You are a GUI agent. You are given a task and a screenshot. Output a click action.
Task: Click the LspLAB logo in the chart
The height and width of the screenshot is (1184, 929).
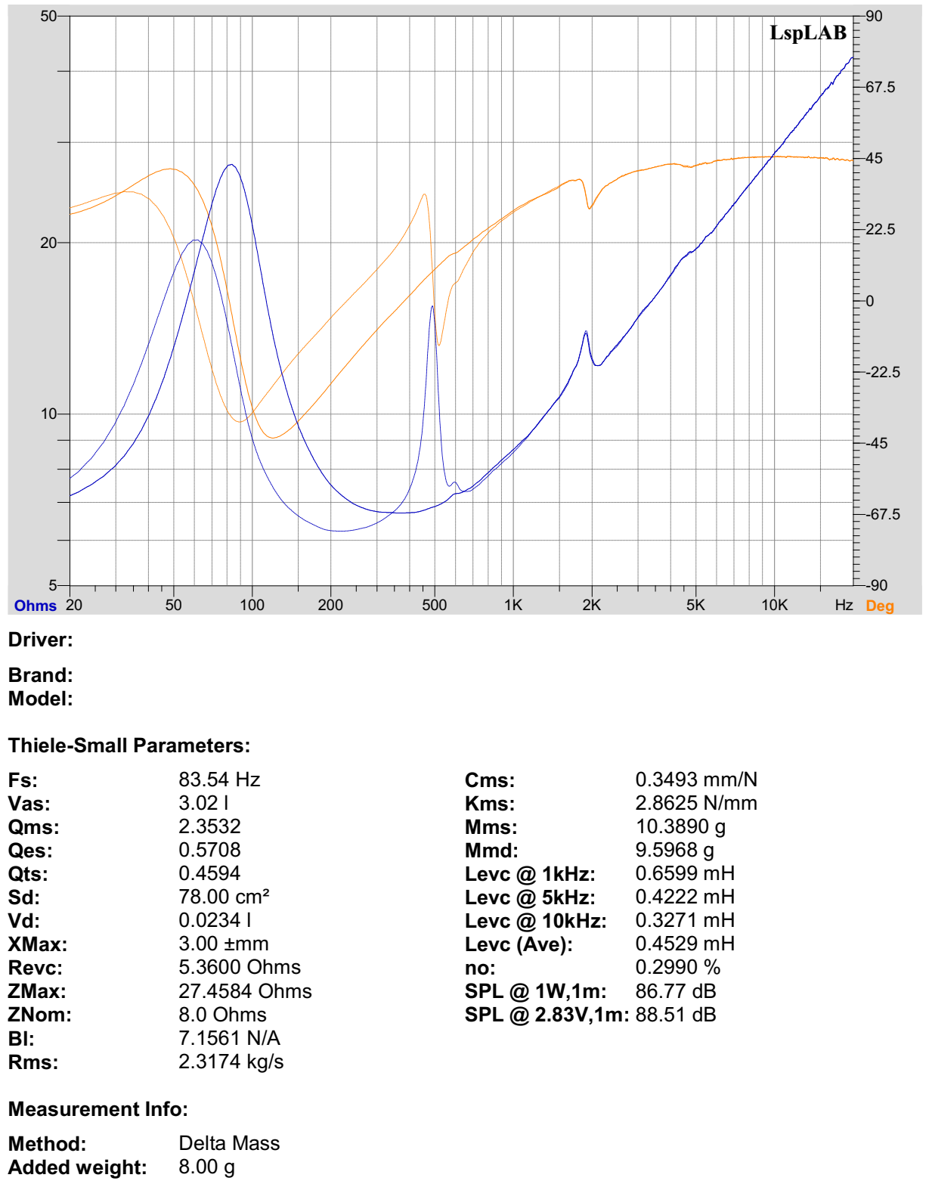coord(807,33)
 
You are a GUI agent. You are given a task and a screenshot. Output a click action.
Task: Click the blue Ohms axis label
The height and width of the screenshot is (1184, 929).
coord(35,606)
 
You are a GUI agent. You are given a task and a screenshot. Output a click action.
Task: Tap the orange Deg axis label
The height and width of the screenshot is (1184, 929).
coord(879,606)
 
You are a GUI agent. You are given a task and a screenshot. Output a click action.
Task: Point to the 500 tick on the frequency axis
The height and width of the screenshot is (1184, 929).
coord(434,605)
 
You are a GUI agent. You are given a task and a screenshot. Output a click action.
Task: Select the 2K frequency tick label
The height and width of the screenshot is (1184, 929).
coord(591,605)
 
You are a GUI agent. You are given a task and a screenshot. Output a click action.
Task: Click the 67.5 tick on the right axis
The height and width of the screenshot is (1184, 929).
coord(880,87)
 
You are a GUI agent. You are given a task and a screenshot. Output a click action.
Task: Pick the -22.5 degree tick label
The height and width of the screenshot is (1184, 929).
coord(882,372)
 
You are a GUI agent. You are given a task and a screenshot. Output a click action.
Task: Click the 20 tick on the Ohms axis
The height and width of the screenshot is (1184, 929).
coord(48,243)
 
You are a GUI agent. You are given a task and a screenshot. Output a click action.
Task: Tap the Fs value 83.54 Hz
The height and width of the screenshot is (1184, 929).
coord(219,780)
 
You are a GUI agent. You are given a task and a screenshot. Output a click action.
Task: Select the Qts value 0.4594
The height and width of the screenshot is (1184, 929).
coord(209,873)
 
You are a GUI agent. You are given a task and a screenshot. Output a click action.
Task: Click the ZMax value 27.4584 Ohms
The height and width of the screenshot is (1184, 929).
coord(245,991)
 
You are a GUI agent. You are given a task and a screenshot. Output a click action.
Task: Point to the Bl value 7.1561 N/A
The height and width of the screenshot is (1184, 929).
coord(229,1038)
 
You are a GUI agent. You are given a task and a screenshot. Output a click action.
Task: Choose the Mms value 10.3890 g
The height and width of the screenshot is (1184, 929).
coord(680,826)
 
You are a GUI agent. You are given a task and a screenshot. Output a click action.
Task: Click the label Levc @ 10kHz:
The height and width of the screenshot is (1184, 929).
coord(535,921)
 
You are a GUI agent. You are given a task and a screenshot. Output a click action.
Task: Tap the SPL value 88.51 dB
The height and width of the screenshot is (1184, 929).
coord(676,1015)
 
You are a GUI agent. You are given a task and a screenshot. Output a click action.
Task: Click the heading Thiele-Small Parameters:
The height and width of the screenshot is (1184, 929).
coord(129,745)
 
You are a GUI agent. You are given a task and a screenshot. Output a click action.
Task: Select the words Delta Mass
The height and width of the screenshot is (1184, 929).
coord(229,1143)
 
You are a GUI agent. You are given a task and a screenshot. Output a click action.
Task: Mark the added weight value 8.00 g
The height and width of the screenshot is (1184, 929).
coord(206,1167)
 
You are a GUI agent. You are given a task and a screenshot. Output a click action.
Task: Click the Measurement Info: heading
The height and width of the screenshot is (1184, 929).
coord(98,1109)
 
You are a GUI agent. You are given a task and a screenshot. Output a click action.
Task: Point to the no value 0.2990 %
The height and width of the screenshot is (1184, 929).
coord(677,968)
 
